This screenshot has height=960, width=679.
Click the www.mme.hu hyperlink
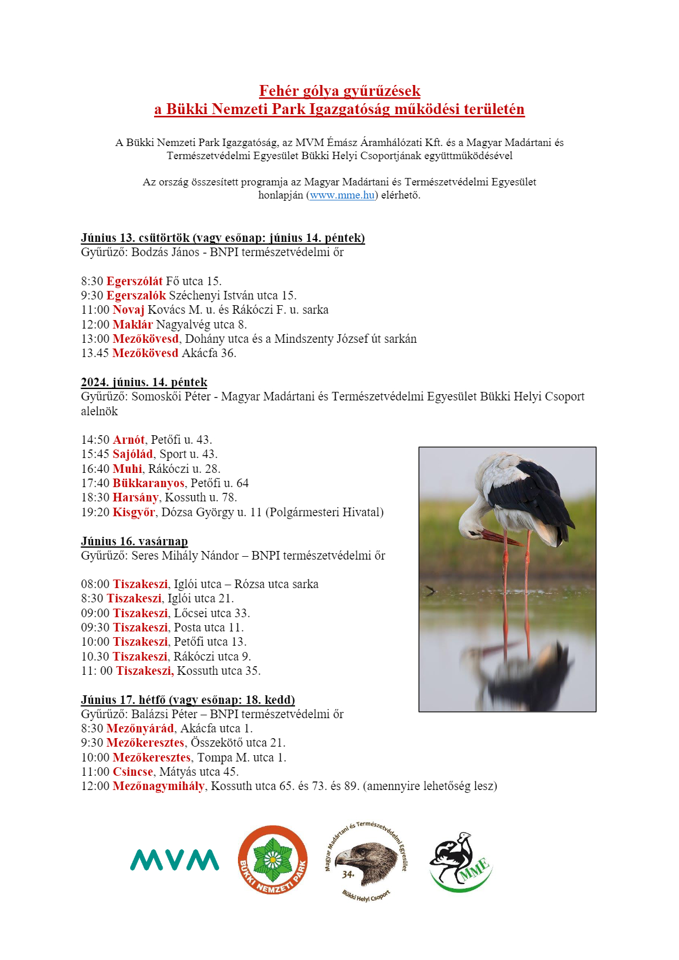(342, 195)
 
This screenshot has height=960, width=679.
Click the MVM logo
(175, 860)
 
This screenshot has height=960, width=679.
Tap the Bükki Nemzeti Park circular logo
(273, 860)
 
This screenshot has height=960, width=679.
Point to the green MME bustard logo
(460, 862)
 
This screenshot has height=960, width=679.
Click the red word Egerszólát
(135, 281)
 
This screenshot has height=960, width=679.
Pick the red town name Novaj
(128, 310)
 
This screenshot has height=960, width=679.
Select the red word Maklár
(132, 325)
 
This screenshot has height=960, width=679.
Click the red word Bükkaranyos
(148, 483)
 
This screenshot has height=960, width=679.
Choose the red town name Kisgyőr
(134, 512)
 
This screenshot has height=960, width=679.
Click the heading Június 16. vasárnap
(134, 541)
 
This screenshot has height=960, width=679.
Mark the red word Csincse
(133, 772)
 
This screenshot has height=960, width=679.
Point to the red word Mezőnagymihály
(158, 786)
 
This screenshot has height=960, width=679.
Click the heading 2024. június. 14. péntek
(144, 382)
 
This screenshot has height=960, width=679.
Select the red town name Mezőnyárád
(140, 728)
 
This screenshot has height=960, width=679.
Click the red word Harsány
(135, 497)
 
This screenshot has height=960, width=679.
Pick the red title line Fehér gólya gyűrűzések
(339, 91)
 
